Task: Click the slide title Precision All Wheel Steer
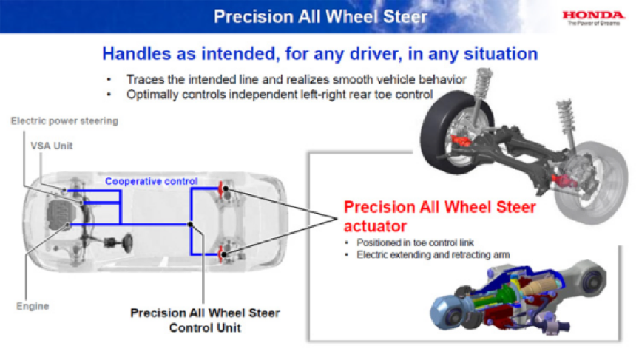point(319,16)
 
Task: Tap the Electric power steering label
point(64,120)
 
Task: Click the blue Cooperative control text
point(152,181)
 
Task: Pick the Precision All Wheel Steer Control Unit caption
point(205,319)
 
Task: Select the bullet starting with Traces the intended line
point(284,79)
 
